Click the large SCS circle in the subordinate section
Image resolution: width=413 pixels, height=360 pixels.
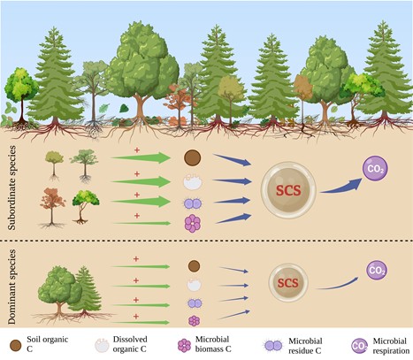click(288, 190)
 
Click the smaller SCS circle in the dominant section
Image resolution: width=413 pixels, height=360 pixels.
click(288, 283)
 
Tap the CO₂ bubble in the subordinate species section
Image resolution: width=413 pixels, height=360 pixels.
click(375, 168)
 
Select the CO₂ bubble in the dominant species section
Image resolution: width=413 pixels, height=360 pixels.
click(377, 270)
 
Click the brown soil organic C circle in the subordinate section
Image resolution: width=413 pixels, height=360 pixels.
click(193, 157)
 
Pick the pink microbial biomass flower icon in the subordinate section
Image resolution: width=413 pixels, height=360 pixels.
click(193, 224)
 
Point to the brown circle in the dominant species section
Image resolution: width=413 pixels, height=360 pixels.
click(194, 266)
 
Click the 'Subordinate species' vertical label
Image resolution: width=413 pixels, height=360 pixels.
click(11, 188)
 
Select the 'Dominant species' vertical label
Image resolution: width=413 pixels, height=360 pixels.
click(11, 287)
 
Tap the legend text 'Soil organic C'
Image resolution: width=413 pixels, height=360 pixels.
click(48, 344)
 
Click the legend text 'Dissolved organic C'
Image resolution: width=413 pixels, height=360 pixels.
click(130, 344)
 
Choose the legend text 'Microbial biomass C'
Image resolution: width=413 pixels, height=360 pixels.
click(213, 344)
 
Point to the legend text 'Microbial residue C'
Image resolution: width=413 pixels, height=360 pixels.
click(305, 346)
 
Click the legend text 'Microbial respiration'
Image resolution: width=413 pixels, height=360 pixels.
click(391, 346)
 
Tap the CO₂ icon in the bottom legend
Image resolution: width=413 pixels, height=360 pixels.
click(359, 346)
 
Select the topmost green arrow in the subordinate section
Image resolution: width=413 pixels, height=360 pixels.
click(141, 157)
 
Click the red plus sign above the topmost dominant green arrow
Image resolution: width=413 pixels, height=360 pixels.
click(136, 259)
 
